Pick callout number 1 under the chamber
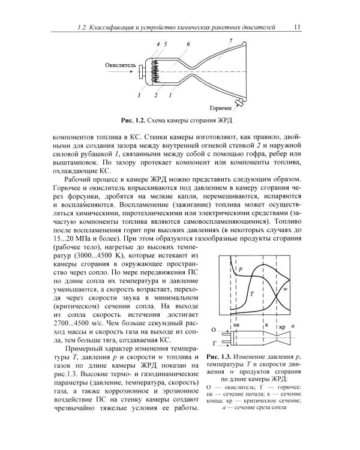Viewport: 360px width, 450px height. [x=170, y=95]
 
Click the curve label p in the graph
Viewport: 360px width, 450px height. [x=239, y=271]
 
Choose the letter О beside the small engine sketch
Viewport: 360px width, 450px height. [x=214, y=330]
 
